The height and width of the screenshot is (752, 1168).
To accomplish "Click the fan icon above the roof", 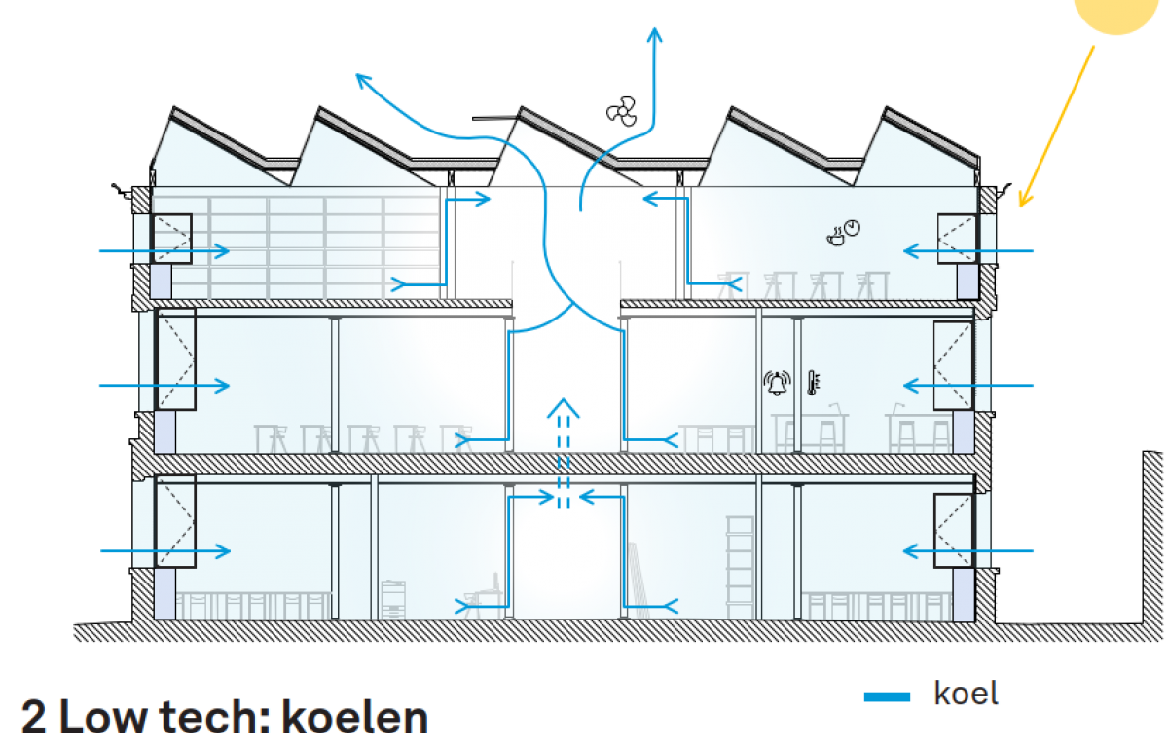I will click(x=621, y=114).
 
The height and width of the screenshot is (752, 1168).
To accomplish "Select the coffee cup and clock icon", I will click(x=844, y=231).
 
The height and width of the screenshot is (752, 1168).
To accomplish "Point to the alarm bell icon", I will click(x=777, y=382).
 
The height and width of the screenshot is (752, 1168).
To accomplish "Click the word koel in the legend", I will click(x=967, y=694).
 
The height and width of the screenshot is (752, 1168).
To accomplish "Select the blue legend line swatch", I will click(x=887, y=696).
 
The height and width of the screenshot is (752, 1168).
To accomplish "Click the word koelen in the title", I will click(x=354, y=718).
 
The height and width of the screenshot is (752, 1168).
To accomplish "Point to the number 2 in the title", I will click(x=34, y=718).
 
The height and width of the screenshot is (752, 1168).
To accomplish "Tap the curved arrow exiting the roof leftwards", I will click(x=409, y=102).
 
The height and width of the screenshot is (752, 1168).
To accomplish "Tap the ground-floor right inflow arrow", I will click(x=968, y=551).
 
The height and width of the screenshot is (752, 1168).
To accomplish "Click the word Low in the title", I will click(x=106, y=718).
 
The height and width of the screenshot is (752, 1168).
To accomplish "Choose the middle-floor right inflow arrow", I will click(x=968, y=386).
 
